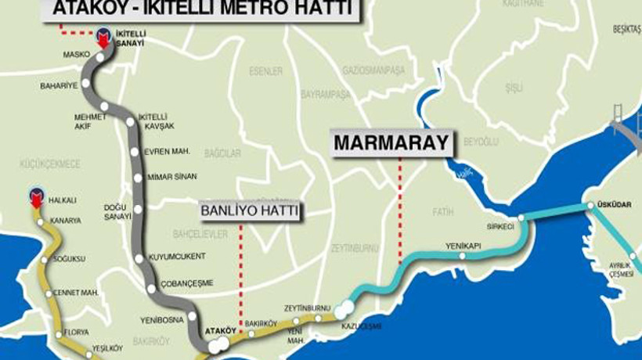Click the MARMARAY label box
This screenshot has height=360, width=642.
[392, 143]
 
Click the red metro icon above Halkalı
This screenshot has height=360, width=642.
[35, 196]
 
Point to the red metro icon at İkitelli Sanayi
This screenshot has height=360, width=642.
[102, 37]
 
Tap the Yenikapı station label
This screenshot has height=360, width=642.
[461, 245]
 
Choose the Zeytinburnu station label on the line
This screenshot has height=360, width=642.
[308, 308]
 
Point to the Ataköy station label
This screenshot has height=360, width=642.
[220, 331]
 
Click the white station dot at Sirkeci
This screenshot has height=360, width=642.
[521, 218]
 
